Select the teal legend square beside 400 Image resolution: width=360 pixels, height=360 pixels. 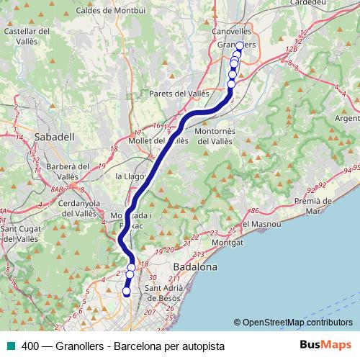pyautogui.click(x=9, y=346)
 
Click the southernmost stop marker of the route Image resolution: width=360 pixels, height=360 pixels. pyautogui.click(x=127, y=292)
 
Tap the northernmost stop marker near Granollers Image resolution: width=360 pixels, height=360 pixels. pyautogui.click(x=240, y=46)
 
